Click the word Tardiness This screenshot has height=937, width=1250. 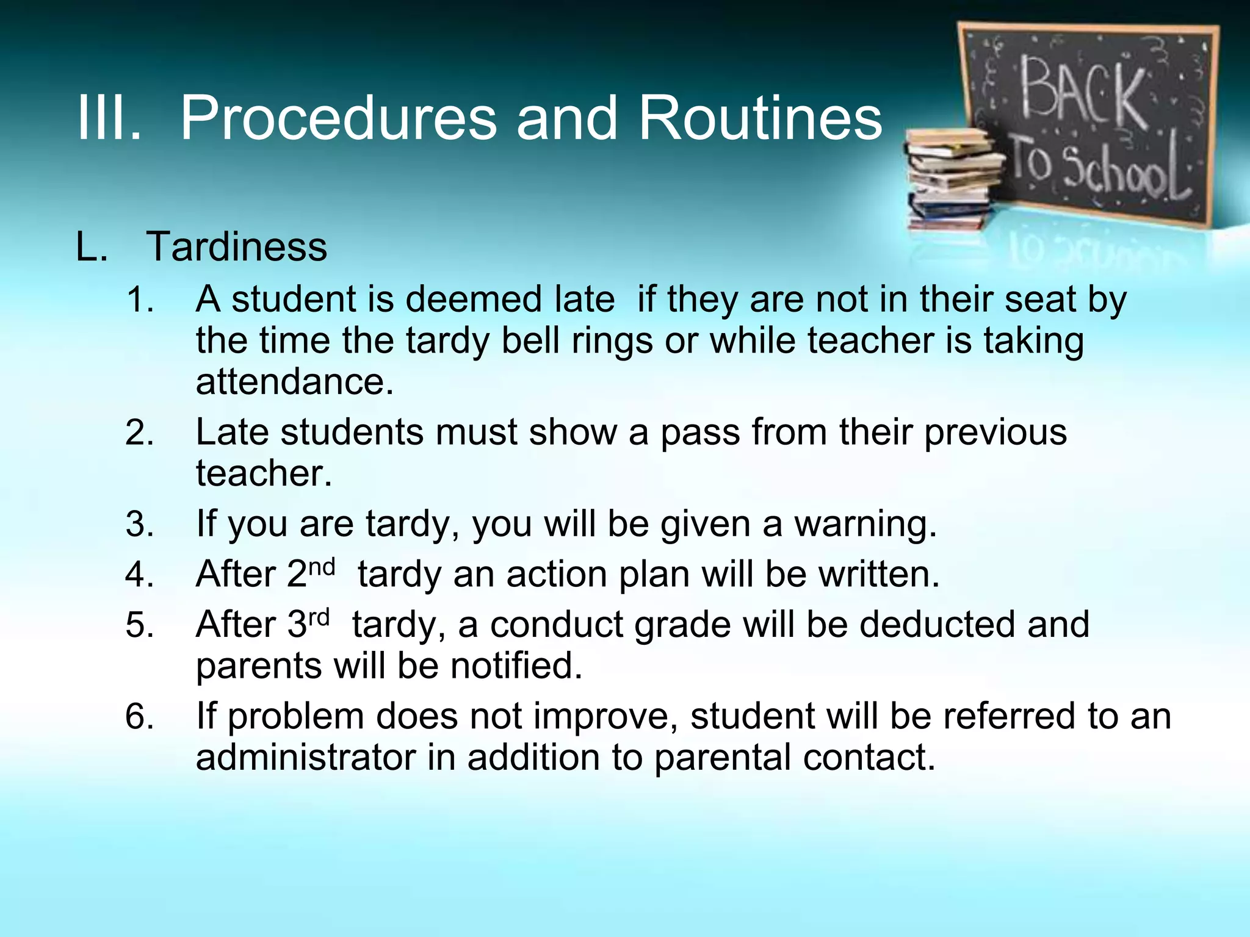(x=237, y=247)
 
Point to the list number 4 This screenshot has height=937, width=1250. (x=139, y=575)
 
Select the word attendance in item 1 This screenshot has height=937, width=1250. (x=294, y=382)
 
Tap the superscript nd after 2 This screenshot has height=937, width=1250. (x=322, y=567)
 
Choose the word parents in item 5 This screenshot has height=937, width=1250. (x=258, y=666)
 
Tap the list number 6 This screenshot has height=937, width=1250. (x=139, y=717)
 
